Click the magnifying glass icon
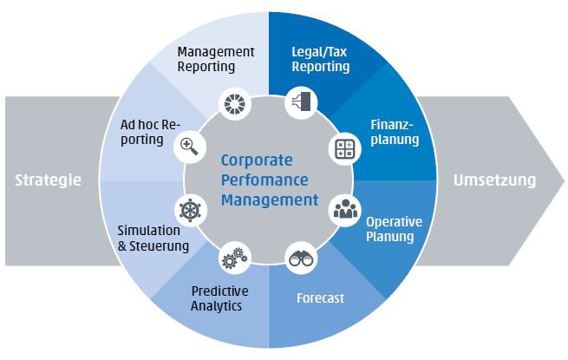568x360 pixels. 189,147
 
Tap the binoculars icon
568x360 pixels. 301,259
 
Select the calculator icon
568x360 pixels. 345,149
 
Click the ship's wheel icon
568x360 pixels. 190,211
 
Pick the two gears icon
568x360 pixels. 234,259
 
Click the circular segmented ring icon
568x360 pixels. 235,104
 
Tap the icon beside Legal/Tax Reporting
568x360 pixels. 302,101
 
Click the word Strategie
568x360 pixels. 49,180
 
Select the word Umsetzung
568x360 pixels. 494,180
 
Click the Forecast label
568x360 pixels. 320,298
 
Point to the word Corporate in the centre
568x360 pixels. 257,160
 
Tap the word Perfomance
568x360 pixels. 264,180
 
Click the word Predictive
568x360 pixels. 220,291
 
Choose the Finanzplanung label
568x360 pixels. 395,132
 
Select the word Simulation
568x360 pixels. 148,231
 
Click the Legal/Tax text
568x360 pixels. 319,52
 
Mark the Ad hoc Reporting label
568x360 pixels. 150,133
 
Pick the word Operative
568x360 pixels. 394,222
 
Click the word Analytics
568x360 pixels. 216,306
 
